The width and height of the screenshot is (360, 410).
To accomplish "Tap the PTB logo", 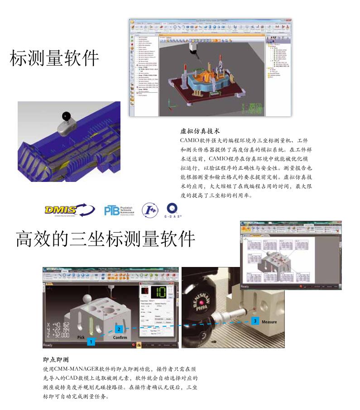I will [119, 210].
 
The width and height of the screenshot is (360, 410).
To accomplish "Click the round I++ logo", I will [150, 210].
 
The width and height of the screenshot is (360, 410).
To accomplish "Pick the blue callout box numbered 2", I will [119, 329].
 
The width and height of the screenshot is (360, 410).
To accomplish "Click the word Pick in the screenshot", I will [81, 338].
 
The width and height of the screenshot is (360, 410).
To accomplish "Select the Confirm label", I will [120, 338].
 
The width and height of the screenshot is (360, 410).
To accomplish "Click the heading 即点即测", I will [55, 360].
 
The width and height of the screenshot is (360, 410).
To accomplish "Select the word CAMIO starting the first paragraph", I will [191, 140].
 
